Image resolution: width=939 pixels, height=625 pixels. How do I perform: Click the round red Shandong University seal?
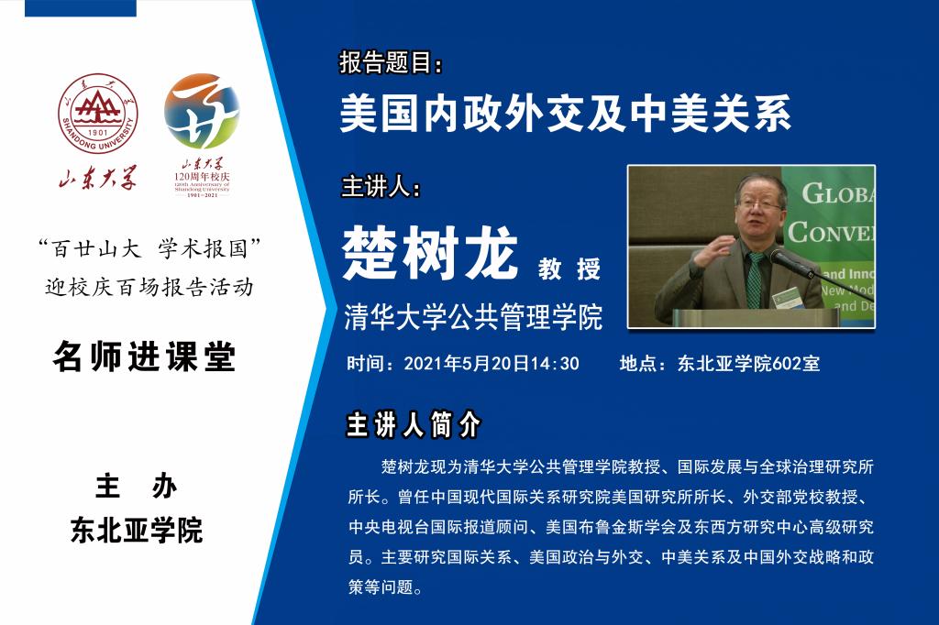tap(97, 114)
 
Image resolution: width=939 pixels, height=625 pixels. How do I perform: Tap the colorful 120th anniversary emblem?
tap(202, 112)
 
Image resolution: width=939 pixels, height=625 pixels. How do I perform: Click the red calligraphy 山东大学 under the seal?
tap(97, 177)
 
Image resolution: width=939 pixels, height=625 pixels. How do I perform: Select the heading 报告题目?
tap(391, 62)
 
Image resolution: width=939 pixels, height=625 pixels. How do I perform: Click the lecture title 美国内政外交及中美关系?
tap(565, 113)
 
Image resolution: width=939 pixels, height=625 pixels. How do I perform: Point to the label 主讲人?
tap(381, 187)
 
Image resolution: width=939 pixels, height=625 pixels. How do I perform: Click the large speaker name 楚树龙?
tap(430, 253)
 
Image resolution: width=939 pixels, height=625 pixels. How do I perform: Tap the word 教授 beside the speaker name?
tap(569, 269)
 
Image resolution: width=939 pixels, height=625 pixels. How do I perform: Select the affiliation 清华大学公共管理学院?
tap(473, 317)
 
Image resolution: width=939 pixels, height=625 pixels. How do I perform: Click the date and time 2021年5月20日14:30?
tap(492, 364)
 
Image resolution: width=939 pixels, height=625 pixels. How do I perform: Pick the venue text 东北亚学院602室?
tap(748, 364)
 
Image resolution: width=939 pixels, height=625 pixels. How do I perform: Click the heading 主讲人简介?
tap(414, 424)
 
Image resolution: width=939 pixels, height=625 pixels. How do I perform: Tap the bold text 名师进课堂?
tap(144, 356)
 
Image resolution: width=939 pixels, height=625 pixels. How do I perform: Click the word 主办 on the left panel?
tap(137, 486)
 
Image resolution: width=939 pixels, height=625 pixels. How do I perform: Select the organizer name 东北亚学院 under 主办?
tap(137, 530)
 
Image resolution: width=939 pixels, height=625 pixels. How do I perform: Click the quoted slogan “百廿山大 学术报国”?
tap(149, 248)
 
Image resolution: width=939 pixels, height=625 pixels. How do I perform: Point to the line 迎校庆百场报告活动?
tap(149, 288)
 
